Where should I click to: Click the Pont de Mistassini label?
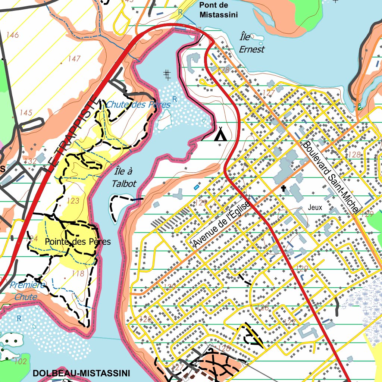click(x=218, y=10)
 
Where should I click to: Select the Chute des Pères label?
click(x=138, y=105)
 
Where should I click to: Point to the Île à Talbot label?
click(x=124, y=178)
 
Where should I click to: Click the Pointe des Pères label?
click(x=78, y=242)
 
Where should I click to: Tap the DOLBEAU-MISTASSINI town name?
click(x=81, y=373)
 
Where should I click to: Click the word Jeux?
click(x=315, y=207)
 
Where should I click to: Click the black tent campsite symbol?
click(x=220, y=134)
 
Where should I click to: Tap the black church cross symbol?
click(x=284, y=189)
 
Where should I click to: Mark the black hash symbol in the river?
click(x=167, y=75)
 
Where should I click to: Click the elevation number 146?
click(x=12, y=35)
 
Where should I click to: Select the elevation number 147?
click(x=74, y=59)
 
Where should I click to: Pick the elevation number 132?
click(x=30, y=161)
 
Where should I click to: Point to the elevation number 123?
click(x=73, y=201)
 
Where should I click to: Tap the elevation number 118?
click(x=78, y=273)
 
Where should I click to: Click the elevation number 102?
click(x=21, y=361)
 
